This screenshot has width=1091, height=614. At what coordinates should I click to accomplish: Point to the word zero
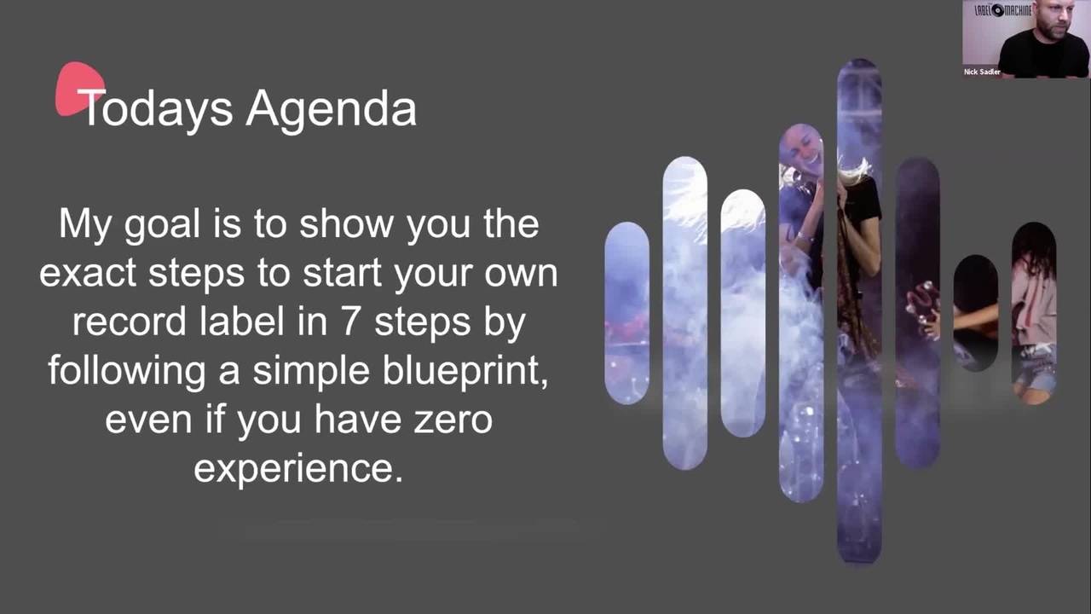point(453,420)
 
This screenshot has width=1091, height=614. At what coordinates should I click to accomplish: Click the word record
point(130,322)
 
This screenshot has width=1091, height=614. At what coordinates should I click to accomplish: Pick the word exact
point(88,275)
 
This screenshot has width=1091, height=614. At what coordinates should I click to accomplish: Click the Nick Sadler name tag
point(982,72)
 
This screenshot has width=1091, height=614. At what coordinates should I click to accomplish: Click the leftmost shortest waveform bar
point(626,313)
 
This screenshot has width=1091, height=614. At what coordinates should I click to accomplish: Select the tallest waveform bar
point(859,311)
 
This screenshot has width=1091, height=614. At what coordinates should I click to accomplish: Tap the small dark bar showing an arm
point(976,313)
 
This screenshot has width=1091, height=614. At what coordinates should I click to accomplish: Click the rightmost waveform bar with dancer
point(1034,313)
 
